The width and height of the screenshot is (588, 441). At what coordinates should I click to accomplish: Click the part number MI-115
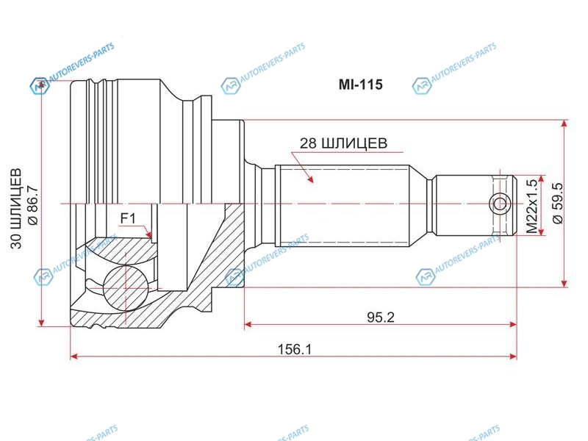[x=360, y=85]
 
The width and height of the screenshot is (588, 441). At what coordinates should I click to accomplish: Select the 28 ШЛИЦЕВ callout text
[x=343, y=143]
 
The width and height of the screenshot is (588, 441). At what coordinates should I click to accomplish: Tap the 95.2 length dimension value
[x=381, y=318]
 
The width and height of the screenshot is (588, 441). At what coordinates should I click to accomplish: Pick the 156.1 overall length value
[x=295, y=350]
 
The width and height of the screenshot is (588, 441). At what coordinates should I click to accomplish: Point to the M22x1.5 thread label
[x=531, y=207]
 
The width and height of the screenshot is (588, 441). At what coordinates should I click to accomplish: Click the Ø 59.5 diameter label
[x=558, y=204]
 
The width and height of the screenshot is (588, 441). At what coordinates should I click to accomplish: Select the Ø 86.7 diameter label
[x=33, y=205]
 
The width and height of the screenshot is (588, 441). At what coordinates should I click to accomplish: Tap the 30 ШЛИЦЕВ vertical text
[x=16, y=209]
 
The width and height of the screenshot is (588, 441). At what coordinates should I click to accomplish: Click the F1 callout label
[x=128, y=218]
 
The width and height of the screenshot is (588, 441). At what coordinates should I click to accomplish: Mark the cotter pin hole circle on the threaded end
[x=500, y=204]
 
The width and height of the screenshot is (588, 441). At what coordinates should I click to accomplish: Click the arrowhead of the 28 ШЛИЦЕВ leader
[x=310, y=179]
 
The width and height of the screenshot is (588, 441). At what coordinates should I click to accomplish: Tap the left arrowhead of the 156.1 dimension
[x=75, y=356]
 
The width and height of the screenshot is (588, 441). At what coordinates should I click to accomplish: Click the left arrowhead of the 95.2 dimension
[x=248, y=324]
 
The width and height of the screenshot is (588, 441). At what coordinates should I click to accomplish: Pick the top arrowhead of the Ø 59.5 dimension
[x=564, y=124]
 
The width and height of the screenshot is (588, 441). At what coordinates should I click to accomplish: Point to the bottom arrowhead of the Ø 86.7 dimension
[x=42, y=321]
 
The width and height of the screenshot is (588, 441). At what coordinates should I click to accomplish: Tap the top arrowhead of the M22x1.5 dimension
[x=540, y=179]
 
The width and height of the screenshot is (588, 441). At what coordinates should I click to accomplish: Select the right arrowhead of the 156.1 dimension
[x=512, y=356]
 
